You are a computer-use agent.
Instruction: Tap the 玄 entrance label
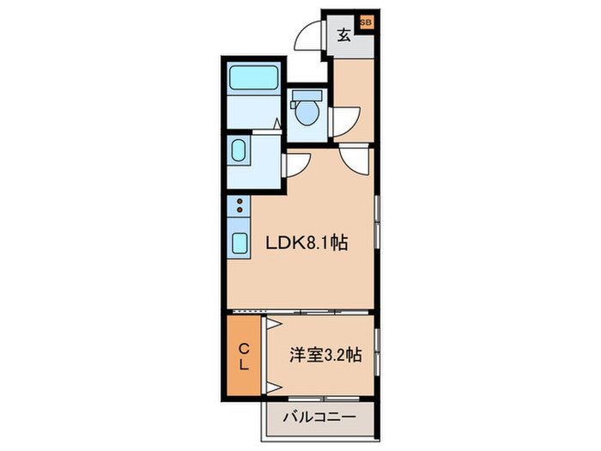tap(343, 36)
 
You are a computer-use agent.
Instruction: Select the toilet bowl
tap(307, 110)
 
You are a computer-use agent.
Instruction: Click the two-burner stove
tap(240, 206)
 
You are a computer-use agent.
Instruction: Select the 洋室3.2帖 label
tap(325, 353)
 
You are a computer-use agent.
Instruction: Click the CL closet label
tap(244, 357)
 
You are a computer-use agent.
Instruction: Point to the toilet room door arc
tap(344, 118)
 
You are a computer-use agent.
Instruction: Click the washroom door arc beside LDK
tap(297, 163)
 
